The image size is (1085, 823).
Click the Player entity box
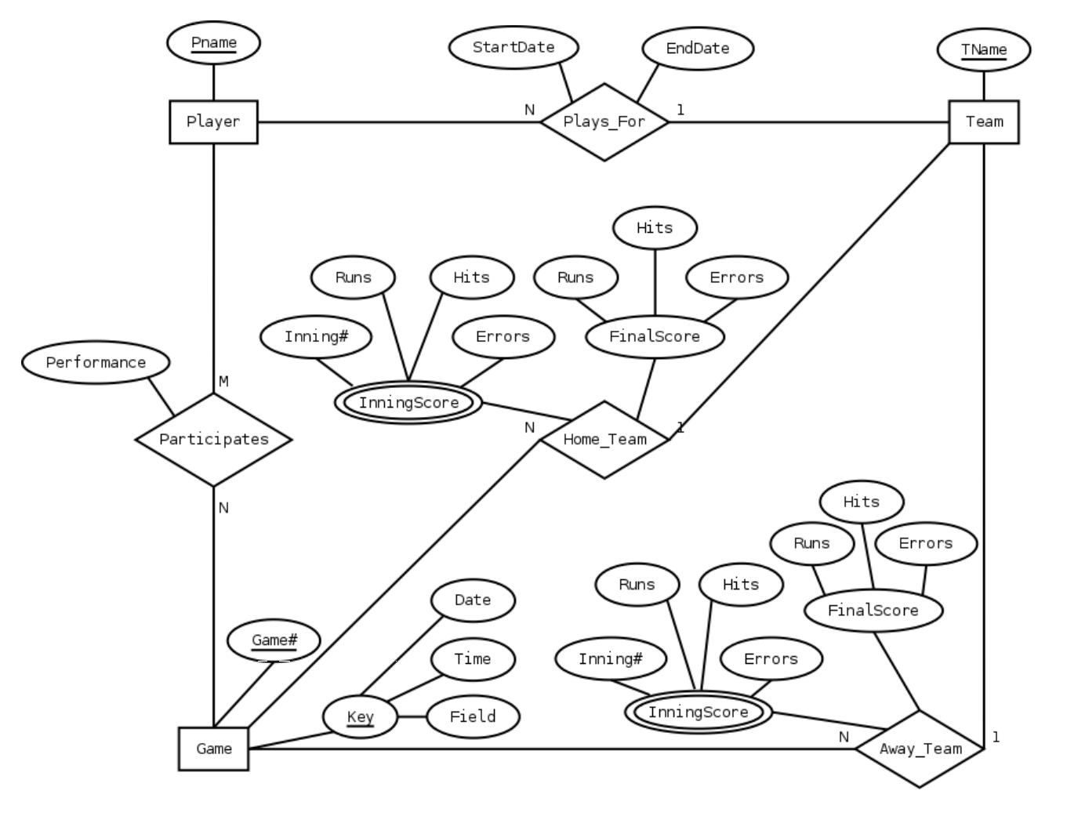[x=213, y=121]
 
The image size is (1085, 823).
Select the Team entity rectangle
[x=984, y=121]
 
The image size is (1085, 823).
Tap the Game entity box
[x=213, y=749]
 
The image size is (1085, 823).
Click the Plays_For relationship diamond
[x=604, y=121]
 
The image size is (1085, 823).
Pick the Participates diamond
[x=213, y=439]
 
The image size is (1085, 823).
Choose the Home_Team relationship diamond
[x=604, y=439]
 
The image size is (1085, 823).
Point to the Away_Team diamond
[x=920, y=749]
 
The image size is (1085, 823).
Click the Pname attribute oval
[x=213, y=42]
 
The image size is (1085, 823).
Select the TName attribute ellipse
[x=984, y=49]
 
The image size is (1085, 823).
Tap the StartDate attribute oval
[x=513, y=47]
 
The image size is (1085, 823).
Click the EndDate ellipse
[x=697, y=48]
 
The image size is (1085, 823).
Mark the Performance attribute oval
[x=96, y=362]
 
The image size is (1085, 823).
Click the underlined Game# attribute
[x=274, y=640]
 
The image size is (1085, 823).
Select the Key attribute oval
[x=360, y=716]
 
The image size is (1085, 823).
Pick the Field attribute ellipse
[x=473, y=716]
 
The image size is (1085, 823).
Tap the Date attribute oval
[x=473, y=600]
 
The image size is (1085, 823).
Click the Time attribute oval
[x=473, y=658]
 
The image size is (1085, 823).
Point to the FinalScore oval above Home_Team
[x=655, y=336]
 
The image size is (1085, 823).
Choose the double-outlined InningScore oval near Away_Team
[x=698, y=712]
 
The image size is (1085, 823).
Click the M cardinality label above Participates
[x=223, y=381]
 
